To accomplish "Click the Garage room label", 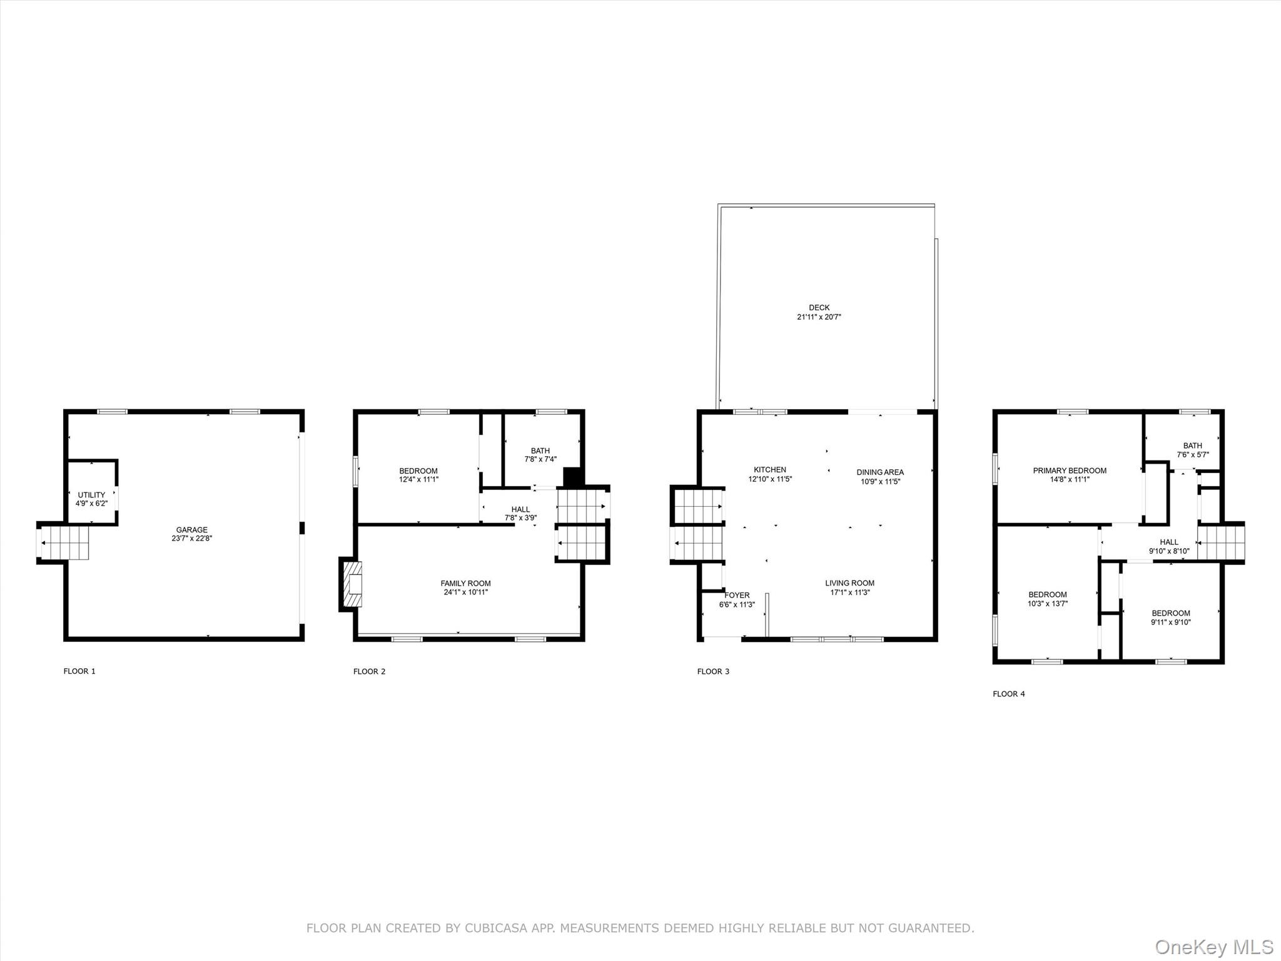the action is pos(191,530).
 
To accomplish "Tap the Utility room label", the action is pos(91,495).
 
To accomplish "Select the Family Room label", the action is pos(465,584).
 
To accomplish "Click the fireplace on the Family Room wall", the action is pos(352,584).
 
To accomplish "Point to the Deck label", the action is pos(819,308).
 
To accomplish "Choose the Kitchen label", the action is pos(770,470).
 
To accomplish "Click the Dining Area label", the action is pos(880,472).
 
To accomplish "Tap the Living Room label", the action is pos(849,583).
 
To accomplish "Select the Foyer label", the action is pos(737,596).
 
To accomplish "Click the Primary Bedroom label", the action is pos(1070,470).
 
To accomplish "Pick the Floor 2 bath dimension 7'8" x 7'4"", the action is pos(540,459).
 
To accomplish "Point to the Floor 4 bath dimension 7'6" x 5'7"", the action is pos(1193,455).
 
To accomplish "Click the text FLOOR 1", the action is pos(79,671).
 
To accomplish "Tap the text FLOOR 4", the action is pos(1009,694).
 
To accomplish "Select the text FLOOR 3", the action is pos(713,671).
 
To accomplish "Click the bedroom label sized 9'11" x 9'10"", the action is pos(1171,618).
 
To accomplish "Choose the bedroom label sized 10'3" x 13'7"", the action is pos(1048,599).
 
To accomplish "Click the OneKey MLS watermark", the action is pos(1214,947).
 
